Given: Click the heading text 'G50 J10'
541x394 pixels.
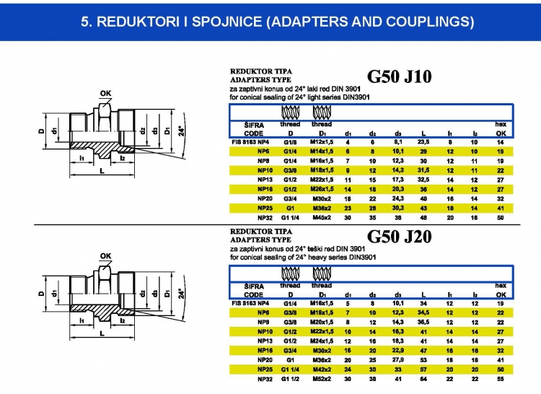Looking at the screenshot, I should (399, 77).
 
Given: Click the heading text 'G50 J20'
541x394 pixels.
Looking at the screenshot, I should (399, 237).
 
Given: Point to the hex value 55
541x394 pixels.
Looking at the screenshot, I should (500, 378).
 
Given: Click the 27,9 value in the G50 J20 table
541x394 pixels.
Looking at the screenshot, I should (397, 359).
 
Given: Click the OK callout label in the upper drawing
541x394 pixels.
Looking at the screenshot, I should (106, 93).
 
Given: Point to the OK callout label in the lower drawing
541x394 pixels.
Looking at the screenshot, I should (106, 256).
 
